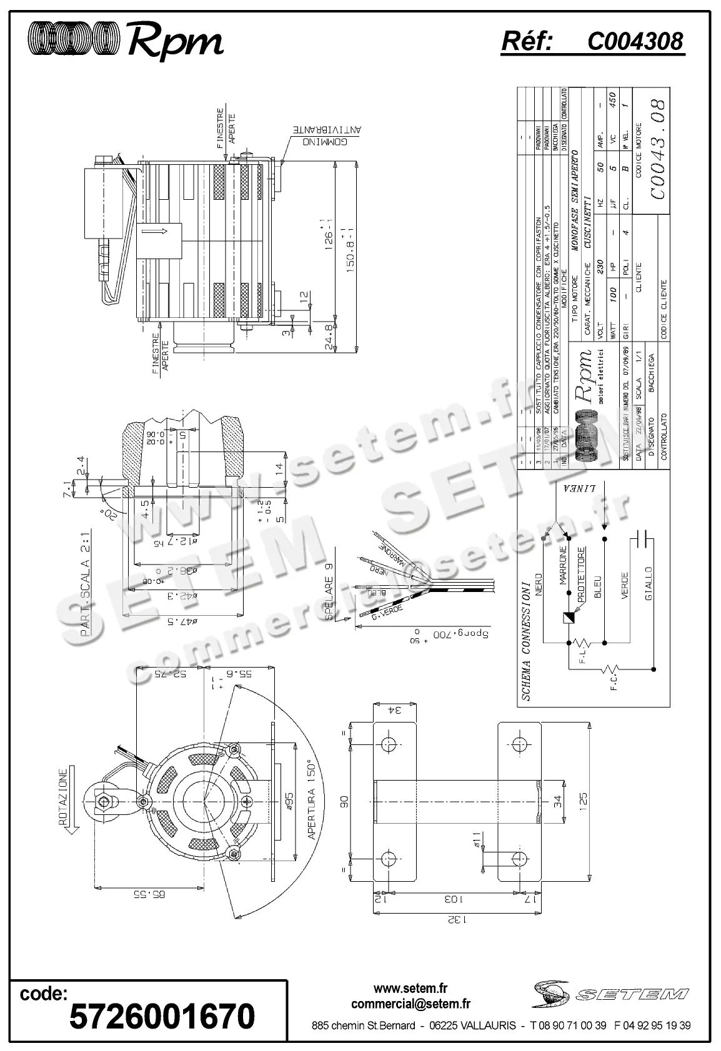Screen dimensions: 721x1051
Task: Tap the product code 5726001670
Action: click(162, 1017)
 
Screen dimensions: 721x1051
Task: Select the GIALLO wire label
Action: click(647, 583)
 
